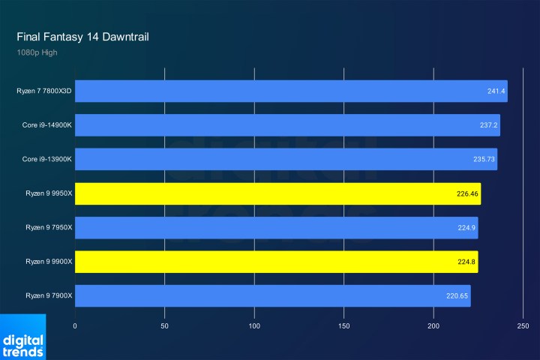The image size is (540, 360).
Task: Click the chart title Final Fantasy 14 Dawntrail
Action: pos(85,37)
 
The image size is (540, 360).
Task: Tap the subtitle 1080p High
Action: pos(37,52)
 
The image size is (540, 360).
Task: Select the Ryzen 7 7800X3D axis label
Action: pos(44,91)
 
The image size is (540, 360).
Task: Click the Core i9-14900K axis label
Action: pos(47,125)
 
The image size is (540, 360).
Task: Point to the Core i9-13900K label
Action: pos(47,160)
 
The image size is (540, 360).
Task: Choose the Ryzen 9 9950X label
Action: pos(49,193)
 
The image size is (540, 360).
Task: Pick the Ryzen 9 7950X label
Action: pos(49,228)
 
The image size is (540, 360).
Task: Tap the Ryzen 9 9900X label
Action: pos(49,262)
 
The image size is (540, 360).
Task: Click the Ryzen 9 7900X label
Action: pos(49,296)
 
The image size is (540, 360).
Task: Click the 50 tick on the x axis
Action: pos(165,326)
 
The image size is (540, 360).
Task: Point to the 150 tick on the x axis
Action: pos(344,326)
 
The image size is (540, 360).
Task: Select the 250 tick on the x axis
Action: pos(523,326)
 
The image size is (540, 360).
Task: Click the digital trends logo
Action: pos(23,337)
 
